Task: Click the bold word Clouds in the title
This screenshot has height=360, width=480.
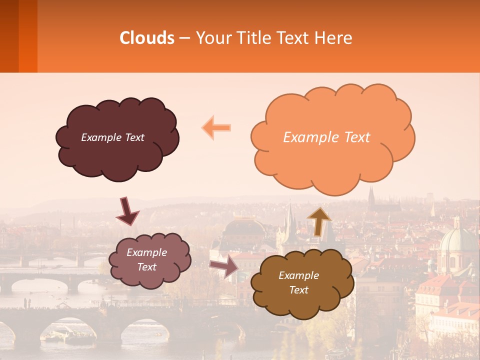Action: [147, 37]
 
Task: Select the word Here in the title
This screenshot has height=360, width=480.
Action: [334, 37]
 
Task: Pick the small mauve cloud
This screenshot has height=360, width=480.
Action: [149, 259]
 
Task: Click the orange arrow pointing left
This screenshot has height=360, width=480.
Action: [216, 128]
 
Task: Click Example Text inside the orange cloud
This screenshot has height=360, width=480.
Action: [326, 137]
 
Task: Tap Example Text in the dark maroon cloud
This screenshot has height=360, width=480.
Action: [112, 137]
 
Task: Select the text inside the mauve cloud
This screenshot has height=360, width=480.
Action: [146, 259]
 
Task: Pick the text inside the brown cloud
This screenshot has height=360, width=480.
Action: [298, 282]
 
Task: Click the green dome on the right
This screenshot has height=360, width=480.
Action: [457, 240]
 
